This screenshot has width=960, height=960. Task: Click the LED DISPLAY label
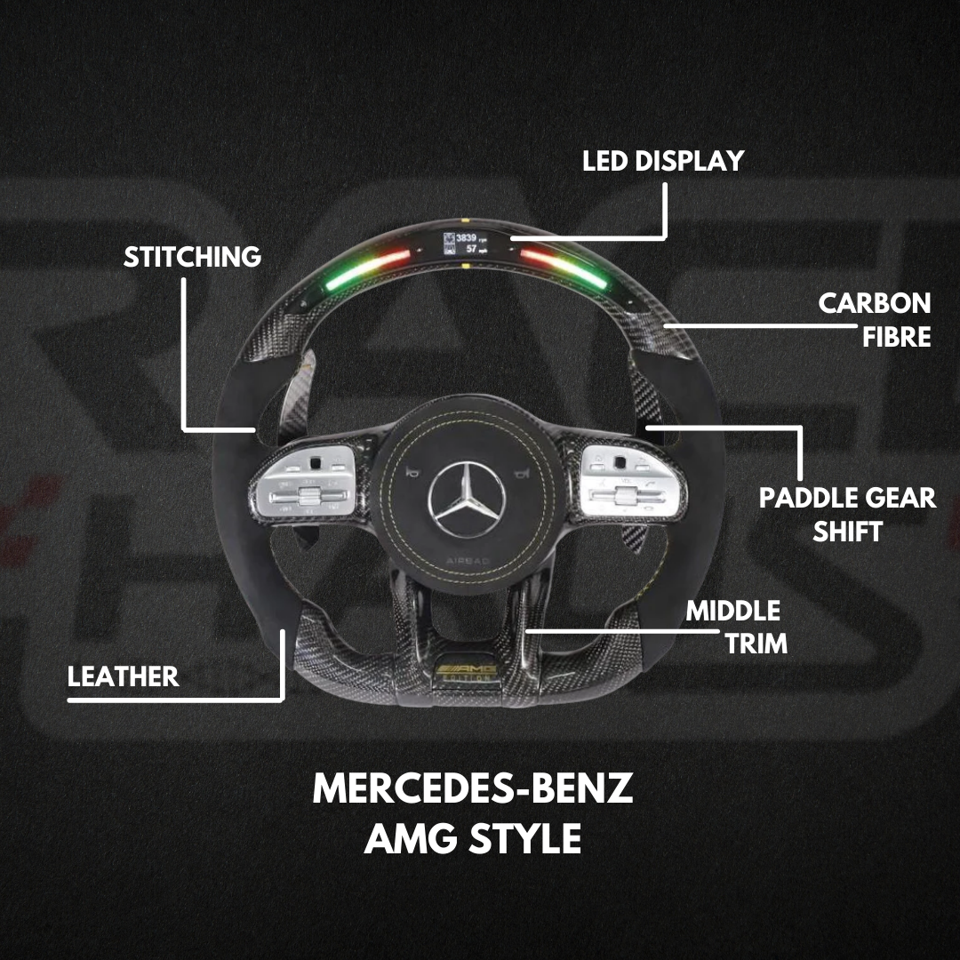[662, 161]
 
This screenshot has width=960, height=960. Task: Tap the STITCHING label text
[192, 257]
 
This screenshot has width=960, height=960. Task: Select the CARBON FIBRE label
[875, 319]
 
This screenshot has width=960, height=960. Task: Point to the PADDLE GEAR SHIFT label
[847, 514]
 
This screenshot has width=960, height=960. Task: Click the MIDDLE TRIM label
[733, 627]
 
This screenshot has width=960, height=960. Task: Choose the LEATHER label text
[123, 676]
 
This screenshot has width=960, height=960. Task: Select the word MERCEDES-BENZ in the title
[472, 789]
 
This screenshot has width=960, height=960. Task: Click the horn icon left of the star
[412, 469]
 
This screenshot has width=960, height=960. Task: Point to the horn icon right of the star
[509, 469]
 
